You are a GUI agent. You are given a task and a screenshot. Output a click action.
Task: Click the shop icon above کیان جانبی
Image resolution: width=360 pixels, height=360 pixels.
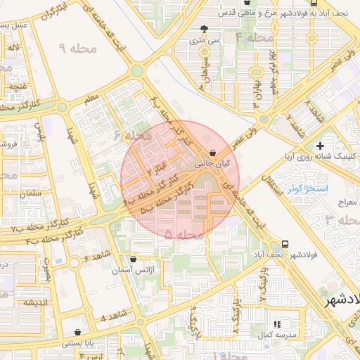tap(213, 151)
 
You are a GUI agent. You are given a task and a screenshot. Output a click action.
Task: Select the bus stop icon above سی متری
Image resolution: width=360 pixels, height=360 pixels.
tap(205, 30)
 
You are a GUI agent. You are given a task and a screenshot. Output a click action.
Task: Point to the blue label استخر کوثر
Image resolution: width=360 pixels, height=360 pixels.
tap(304, 189)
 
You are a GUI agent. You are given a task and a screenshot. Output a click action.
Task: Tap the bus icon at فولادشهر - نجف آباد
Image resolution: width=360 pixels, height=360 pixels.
tap(284, 243)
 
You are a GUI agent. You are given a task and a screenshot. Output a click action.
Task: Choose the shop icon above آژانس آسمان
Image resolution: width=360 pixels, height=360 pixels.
tap(134, 259)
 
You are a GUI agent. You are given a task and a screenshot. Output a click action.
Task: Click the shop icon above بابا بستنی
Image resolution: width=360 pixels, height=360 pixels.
tap(76, 332)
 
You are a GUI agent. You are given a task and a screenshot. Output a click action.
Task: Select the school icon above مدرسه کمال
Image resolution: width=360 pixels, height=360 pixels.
tap(276, 323)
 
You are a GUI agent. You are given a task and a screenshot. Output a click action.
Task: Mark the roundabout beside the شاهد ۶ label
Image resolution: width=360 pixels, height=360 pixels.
tap(75, 263)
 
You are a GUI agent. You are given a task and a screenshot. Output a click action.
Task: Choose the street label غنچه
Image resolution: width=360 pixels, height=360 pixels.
tap(18, 86)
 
